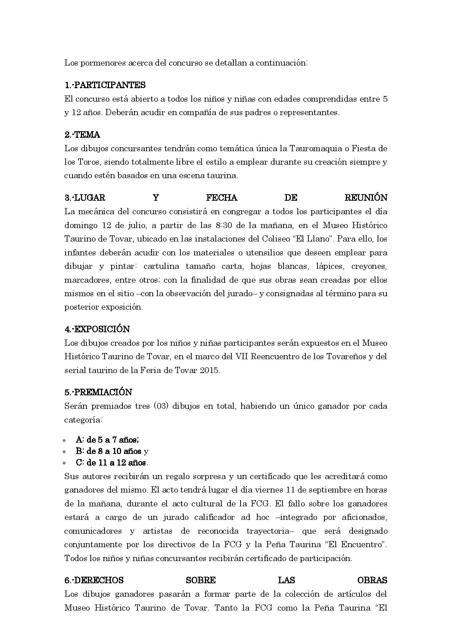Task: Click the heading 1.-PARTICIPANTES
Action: point(105,85)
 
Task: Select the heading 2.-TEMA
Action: point(82,135)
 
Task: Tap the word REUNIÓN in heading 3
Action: point(366,198)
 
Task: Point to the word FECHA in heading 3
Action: point(222,198)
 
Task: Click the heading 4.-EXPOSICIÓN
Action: point(97,329)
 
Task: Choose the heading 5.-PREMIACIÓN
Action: point(98,392)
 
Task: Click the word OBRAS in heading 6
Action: point(372,580)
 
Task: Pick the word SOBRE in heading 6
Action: point(200,580)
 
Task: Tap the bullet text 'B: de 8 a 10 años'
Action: point(108,451)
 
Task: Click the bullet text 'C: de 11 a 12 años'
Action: point(111,463)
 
